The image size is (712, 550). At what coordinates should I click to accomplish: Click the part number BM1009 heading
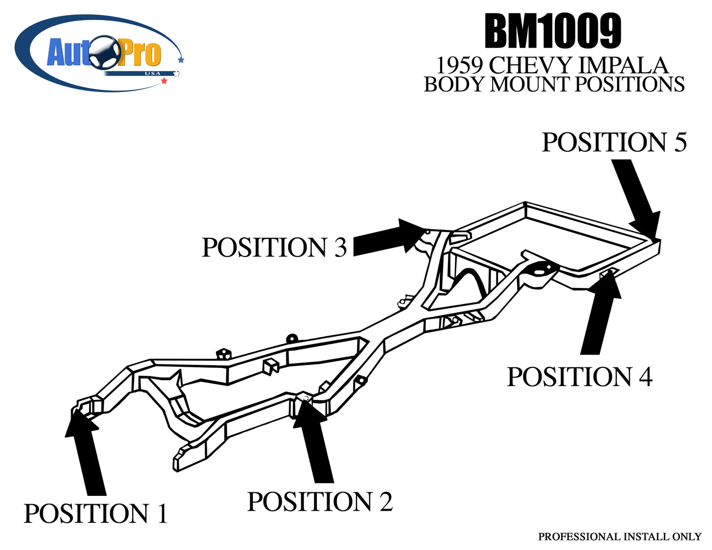point(552,32)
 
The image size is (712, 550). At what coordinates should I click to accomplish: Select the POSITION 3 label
point(274,247)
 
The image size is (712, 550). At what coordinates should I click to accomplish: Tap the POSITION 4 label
point(579,377)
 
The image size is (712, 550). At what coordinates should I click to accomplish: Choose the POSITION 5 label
point(614,142)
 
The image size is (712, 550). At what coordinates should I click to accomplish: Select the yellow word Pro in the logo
point(140,54)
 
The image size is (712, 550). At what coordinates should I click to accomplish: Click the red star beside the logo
point(164,81)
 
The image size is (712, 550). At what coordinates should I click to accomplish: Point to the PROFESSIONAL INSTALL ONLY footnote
point(619,536)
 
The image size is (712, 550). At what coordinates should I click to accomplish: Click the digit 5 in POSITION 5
point(680,142)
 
